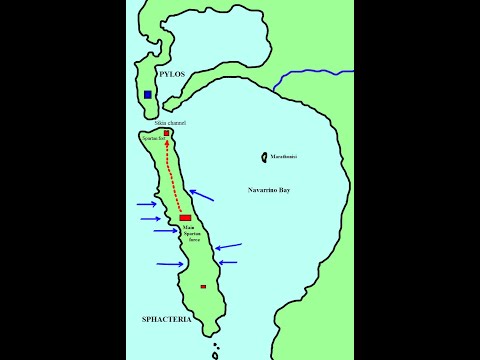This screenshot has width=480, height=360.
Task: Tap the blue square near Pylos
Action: [x=148, y=94]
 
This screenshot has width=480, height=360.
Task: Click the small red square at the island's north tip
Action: [x=167, y=132]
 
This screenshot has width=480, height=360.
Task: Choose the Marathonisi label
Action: [x=284, y=156]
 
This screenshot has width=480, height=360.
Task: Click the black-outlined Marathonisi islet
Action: [x=264, y=156]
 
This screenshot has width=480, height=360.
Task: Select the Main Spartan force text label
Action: [x=194, y=234]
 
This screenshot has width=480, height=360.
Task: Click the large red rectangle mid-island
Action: [x=185, y=217]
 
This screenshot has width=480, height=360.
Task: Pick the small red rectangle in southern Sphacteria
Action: [x=203, y=286]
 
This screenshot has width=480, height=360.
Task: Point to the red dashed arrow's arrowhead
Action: [x=167, y=143]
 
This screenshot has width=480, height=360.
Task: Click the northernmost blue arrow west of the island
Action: [x=145, y=205]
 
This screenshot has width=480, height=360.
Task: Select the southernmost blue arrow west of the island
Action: [x=170, y=264]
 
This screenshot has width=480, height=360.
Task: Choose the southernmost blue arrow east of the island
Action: [x=228, y=263]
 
